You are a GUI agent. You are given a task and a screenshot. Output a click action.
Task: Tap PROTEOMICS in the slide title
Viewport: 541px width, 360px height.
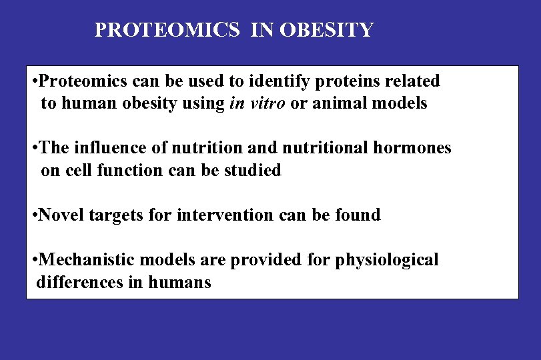[167, 30]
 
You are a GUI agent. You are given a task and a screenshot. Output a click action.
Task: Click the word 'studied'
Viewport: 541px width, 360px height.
[253, 170]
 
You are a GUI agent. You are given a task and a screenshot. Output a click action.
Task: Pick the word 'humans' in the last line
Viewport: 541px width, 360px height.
[179, 282]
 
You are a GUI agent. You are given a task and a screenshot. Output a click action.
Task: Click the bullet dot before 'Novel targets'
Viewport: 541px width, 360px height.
[34, 215]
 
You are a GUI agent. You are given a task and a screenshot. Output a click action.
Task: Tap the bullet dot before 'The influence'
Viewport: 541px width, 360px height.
[34, 149]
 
